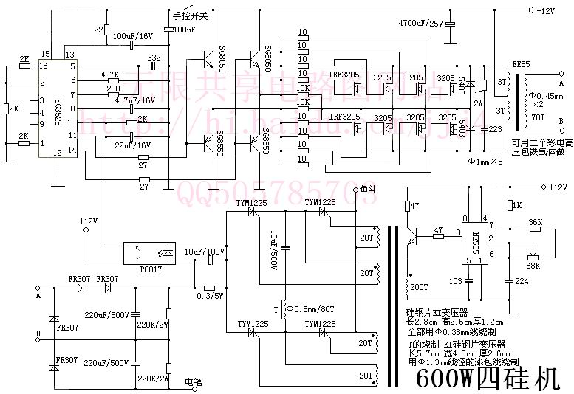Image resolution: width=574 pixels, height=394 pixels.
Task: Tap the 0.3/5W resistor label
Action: click(211, 295)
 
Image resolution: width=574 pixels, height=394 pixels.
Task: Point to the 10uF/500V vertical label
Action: click(271, 248)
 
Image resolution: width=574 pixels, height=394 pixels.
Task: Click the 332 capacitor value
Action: click(154, 58)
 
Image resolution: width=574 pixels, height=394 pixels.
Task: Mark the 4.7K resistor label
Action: click(109, 74)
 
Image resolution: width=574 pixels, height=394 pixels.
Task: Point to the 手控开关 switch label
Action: click(188, 15)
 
